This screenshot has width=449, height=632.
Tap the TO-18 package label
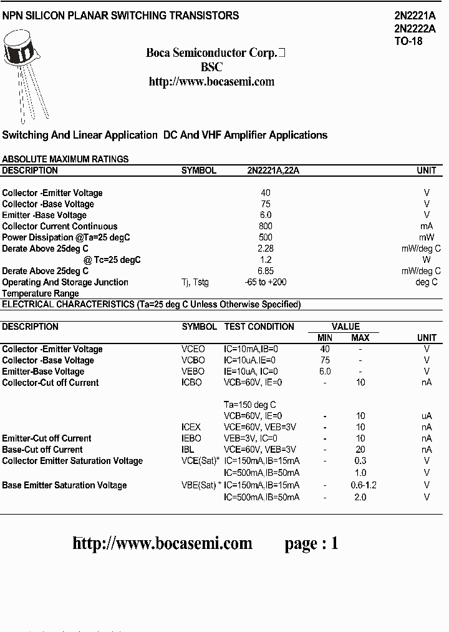408,41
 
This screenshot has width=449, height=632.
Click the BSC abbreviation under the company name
211,67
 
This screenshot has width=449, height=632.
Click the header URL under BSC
211,82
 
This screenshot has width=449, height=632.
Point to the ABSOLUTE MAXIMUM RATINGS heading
65,159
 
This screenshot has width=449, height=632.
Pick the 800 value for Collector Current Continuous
266,226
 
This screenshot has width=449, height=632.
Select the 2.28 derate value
266,249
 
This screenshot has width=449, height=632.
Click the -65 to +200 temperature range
266,282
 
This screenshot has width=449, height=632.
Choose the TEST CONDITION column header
259,327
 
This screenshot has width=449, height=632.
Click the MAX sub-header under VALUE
360,338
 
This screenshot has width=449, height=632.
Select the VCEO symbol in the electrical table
193,349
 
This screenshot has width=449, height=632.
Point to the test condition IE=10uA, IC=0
251,372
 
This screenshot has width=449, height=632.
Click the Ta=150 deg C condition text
249,405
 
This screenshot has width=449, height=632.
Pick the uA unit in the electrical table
427,416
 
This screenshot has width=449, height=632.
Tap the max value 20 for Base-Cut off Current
360,450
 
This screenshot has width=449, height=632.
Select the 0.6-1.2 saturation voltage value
364,485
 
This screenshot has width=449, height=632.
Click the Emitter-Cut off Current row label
47,438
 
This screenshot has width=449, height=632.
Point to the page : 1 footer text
311,543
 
